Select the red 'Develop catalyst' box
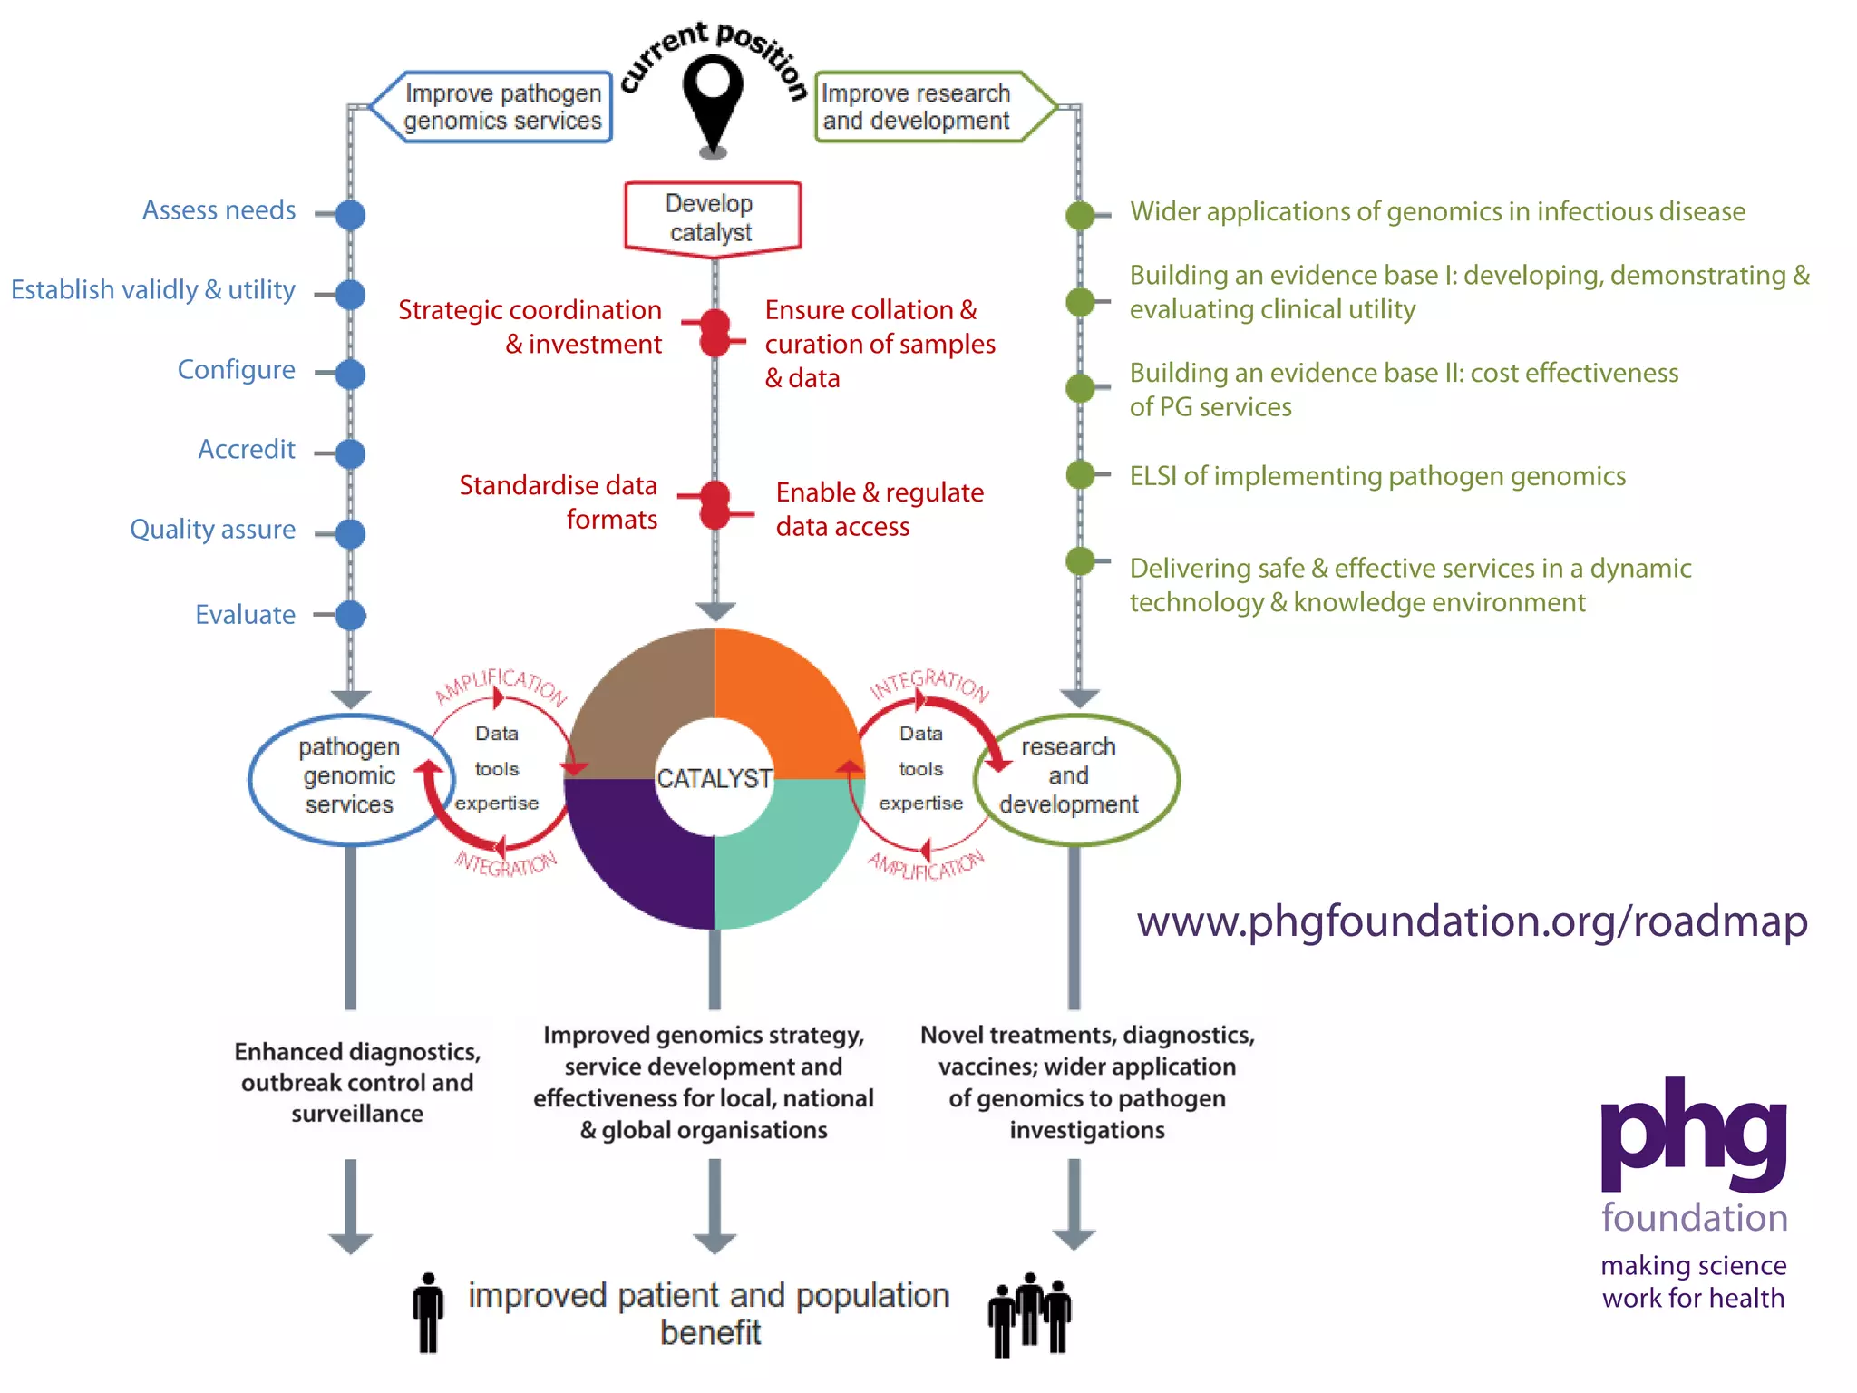(x=713, y=218)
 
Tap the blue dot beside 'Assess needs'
(x=350, y=215)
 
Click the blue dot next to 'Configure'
(x=350, y=374)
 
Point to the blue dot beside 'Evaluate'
(x=350, y=615)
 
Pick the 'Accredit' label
(x=247, y=450)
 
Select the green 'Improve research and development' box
(x=925, y=107)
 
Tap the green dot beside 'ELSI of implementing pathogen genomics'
(x=1080, y=474)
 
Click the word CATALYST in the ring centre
(x=715, y=779)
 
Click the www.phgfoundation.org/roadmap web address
(x=1472, y=922)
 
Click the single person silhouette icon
(x=428, y=1312)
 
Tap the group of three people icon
(x=1029, y=1314)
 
